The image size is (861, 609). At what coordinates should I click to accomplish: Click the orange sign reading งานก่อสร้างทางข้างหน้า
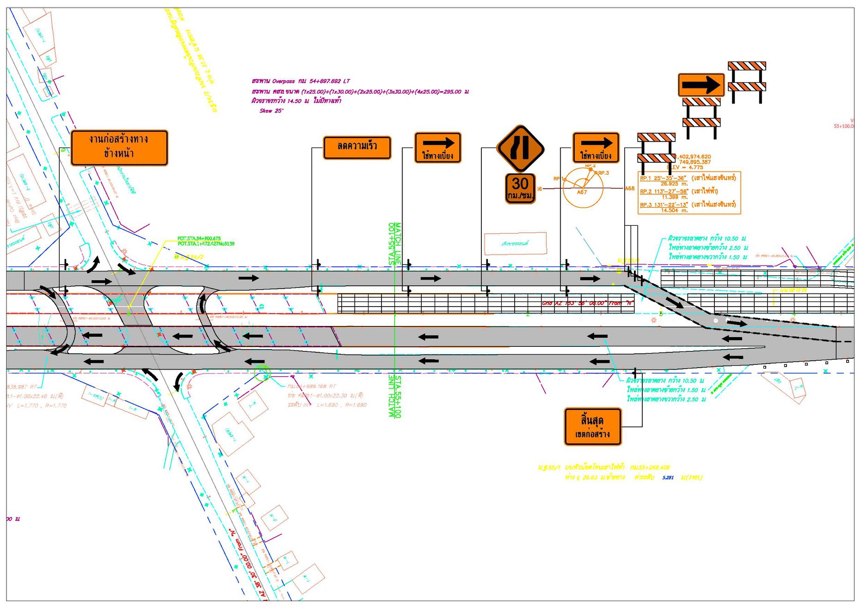click(119, 148)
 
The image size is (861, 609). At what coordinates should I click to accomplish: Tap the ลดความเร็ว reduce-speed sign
click(357, 147)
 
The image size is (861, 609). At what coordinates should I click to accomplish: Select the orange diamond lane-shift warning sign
click(520, 148)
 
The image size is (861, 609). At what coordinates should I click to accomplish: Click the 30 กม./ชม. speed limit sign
click(520, 188)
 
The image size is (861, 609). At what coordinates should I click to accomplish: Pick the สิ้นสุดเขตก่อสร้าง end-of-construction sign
click(592, 426)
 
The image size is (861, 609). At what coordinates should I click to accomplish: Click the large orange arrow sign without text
click(701, 85)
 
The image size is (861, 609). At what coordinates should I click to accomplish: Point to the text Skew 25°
click(271, 111)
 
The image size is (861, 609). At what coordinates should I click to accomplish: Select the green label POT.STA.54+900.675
click(199, 239)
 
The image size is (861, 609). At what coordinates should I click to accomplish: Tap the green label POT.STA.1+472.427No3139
click(206, 244)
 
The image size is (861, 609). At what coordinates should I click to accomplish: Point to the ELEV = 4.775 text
click(687, 167)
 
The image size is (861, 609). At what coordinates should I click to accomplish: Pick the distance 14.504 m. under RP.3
click(674, 210)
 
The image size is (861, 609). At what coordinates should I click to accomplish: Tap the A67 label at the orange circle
click(582, 192)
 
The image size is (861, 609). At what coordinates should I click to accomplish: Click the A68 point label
click(630, 189)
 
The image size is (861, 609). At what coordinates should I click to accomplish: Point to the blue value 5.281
click(668, 478)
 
